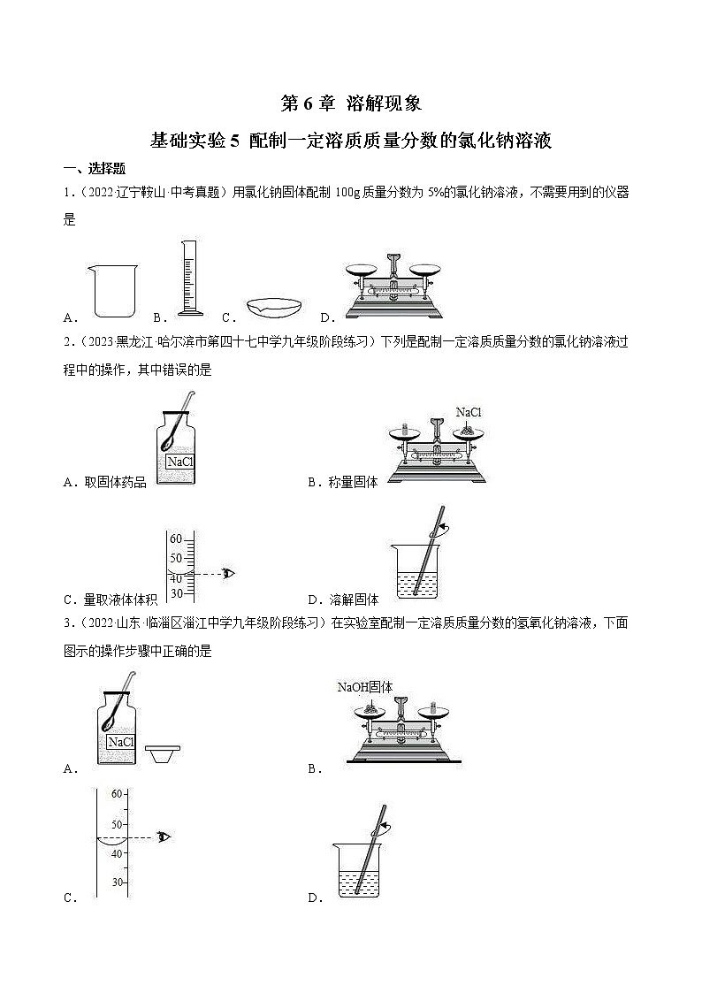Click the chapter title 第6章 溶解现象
(x=351, y=103)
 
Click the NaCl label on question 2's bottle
(x=179, y=462)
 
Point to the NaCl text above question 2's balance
(x=469, y=412)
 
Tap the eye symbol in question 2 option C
(x=229, y=573)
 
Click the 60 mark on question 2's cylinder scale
(x=176, y=539)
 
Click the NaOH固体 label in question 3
(x=364, y=686)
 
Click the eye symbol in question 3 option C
(x=163, y=836)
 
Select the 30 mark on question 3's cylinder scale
(x=116, y=882)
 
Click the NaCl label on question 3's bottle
(x=120, y=742)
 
